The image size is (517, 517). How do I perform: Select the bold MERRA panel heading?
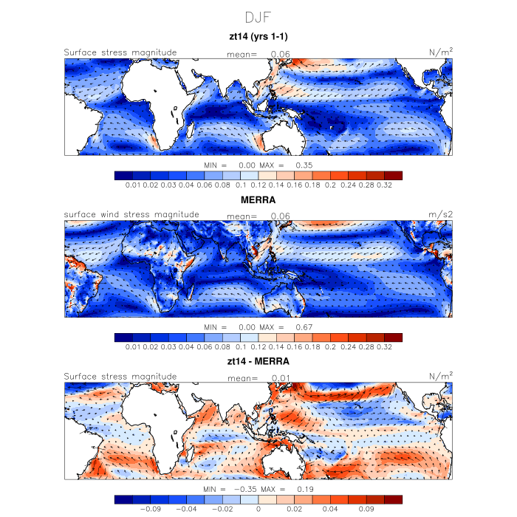coord(258,199)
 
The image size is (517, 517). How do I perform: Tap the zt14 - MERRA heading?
coord(258,362)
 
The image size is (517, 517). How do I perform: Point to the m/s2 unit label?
coord(440,214)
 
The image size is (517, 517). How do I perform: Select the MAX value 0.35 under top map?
coord(304,165)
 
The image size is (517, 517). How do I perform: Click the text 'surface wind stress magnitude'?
coord(131,215)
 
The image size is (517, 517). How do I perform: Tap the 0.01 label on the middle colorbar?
coord(134,347)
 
